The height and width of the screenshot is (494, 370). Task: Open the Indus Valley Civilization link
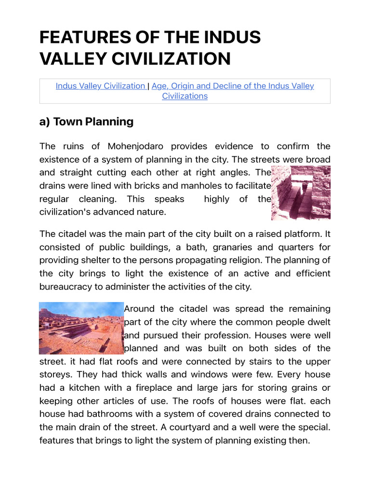(x=100, y=86)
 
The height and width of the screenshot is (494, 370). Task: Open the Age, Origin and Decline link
(x=233, y=86)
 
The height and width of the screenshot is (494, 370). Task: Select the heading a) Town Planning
(x=86, y=122)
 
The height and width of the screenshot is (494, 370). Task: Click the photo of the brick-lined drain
(x=301, y=193)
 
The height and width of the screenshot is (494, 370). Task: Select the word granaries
(x=225, y=247)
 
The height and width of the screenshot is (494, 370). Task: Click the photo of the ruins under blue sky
(x=81, y=328)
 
